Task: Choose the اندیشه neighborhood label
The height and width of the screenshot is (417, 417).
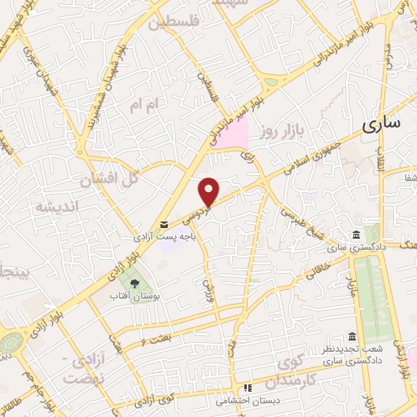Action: [x=55, y=207]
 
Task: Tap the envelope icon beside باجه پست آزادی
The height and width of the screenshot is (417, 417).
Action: [x=165, y=224]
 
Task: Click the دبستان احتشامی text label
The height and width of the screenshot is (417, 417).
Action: [x=246, y=401]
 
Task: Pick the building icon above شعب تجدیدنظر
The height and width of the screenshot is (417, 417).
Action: [x=351, y=337]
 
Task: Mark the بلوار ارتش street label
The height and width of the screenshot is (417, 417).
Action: [x=401, y=358]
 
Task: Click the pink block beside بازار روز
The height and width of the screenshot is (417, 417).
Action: [x=235, y=133]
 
